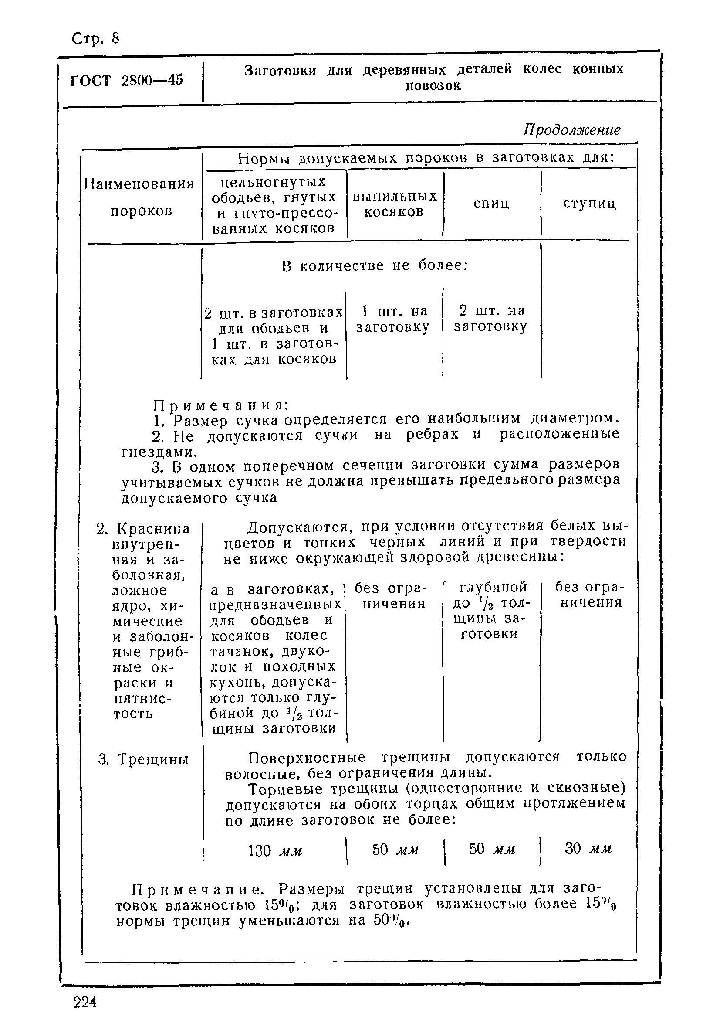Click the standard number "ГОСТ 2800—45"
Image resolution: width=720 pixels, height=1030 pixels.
click(127, 80)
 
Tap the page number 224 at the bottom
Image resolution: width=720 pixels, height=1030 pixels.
click(85, 1002)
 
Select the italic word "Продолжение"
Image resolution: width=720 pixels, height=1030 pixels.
click(572, 130)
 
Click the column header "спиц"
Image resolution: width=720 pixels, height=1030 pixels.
click(491, 204)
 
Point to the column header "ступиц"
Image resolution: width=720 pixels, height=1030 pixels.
click(589, 204)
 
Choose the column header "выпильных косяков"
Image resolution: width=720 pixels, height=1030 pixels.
click(395, 204)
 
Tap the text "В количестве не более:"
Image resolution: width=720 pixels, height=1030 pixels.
click(375, 266)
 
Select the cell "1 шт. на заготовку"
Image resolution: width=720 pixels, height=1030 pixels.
click(393, 319)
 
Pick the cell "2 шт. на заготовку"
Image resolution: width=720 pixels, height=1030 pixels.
click(491, 319)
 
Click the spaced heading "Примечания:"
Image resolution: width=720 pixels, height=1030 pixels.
click(221, 405)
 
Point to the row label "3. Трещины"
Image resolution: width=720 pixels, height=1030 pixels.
click(143, 759)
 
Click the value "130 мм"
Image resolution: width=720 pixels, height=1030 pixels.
click(275, 850)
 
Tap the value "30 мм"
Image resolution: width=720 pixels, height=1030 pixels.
click(588, 848)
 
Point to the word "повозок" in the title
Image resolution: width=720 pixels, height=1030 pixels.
click(433, 86)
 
